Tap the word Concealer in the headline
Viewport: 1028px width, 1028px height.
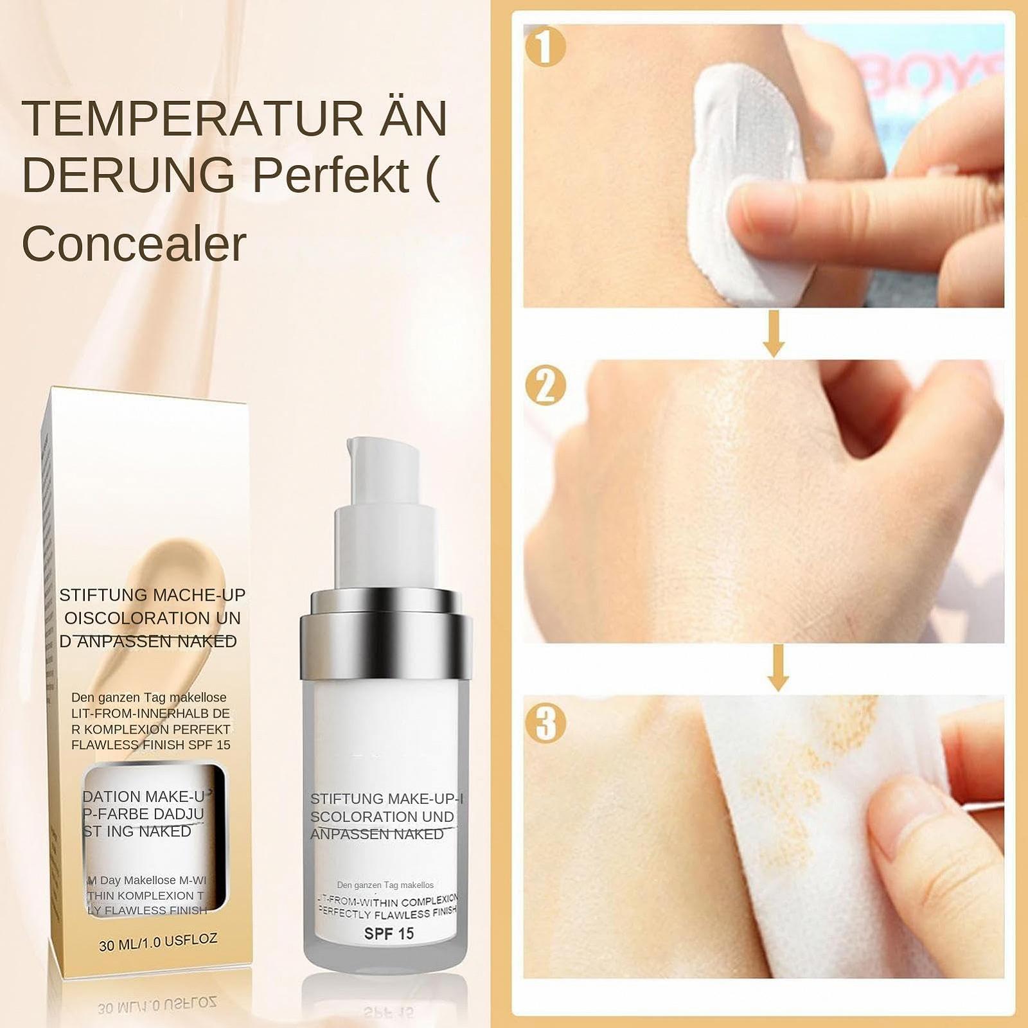134,244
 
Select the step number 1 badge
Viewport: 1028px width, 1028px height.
545,46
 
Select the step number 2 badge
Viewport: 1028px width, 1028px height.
545,385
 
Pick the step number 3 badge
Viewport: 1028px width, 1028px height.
545,722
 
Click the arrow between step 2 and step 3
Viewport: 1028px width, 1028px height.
778,668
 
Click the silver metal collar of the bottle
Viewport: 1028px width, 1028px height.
386,636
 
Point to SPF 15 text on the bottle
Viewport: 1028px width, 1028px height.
389,934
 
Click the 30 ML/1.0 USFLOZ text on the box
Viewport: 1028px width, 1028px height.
158,942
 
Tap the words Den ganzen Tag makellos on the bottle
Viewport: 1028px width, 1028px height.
385,885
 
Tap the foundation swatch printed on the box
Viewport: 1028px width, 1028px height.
173,565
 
